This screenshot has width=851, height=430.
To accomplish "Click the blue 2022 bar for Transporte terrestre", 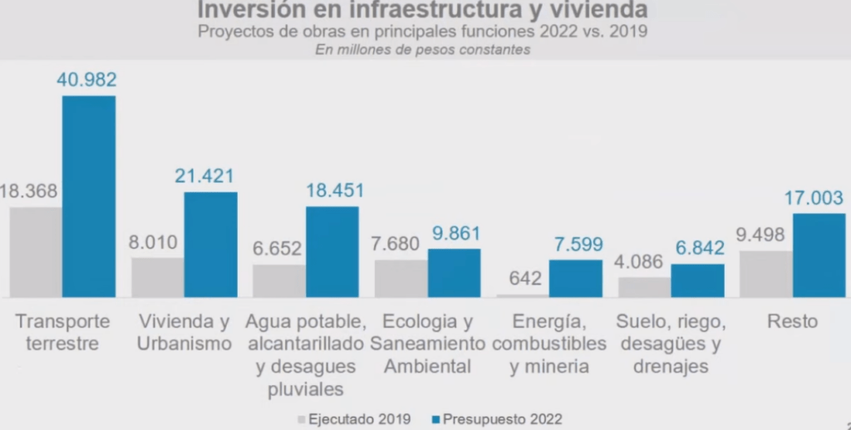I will point(89,196).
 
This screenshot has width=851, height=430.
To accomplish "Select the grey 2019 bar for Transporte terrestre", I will point(36,252).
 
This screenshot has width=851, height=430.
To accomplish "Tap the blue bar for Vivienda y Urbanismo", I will point(210,244).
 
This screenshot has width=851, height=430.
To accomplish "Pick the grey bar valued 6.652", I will point(278,281).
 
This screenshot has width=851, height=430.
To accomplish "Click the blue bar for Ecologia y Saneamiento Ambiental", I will point(454,272).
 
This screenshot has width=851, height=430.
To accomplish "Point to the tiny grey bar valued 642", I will point(522,295).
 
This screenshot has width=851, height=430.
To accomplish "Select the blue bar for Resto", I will point(819,255).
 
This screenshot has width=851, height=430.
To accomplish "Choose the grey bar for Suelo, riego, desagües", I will point(644,286).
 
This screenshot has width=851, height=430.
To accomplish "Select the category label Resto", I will point(792,321).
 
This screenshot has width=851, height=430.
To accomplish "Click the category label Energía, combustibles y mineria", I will point(550,344).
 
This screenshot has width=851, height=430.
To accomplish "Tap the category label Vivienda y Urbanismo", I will point(184,332).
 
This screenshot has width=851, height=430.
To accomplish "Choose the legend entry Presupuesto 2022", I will point(497,419).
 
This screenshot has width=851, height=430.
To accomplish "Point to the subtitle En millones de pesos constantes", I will point(422,50).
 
